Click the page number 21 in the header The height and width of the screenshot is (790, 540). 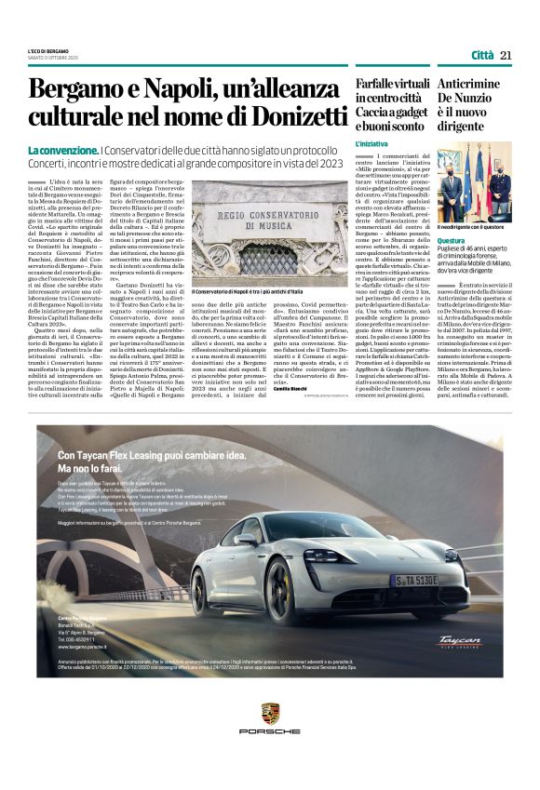(506, 55)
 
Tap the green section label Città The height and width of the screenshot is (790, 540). (481, 55)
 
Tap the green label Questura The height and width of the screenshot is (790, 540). (452, 240)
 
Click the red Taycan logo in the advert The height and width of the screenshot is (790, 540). (463, 642)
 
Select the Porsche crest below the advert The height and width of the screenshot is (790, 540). (270, 715)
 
